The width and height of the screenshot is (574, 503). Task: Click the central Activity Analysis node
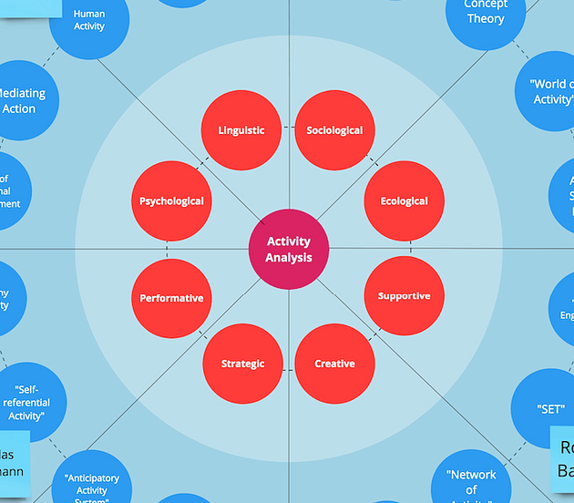point(289,249)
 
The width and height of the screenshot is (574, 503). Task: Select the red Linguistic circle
point(241,130)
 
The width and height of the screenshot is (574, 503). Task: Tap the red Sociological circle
point(334,130)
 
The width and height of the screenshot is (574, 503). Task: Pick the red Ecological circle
point(404,201)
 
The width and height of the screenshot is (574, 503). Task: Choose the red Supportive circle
point(404,296)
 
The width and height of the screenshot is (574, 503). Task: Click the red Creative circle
point(334,364)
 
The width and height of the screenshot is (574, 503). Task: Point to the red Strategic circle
point(242,364)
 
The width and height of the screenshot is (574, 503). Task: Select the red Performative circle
point(171,298)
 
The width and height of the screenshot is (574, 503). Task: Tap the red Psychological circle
point(171,201)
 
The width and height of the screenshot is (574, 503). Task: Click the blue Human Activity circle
point(89,21)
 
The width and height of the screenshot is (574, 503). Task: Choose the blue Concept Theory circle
point(486,14)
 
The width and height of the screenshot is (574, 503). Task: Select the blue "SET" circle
point(550,409)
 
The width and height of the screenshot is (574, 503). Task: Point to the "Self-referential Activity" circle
point(26,402)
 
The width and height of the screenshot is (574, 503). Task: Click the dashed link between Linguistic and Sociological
point(287,130)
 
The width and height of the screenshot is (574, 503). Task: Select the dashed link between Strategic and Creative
point(288,369)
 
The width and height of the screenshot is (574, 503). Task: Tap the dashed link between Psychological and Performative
point(167,250)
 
